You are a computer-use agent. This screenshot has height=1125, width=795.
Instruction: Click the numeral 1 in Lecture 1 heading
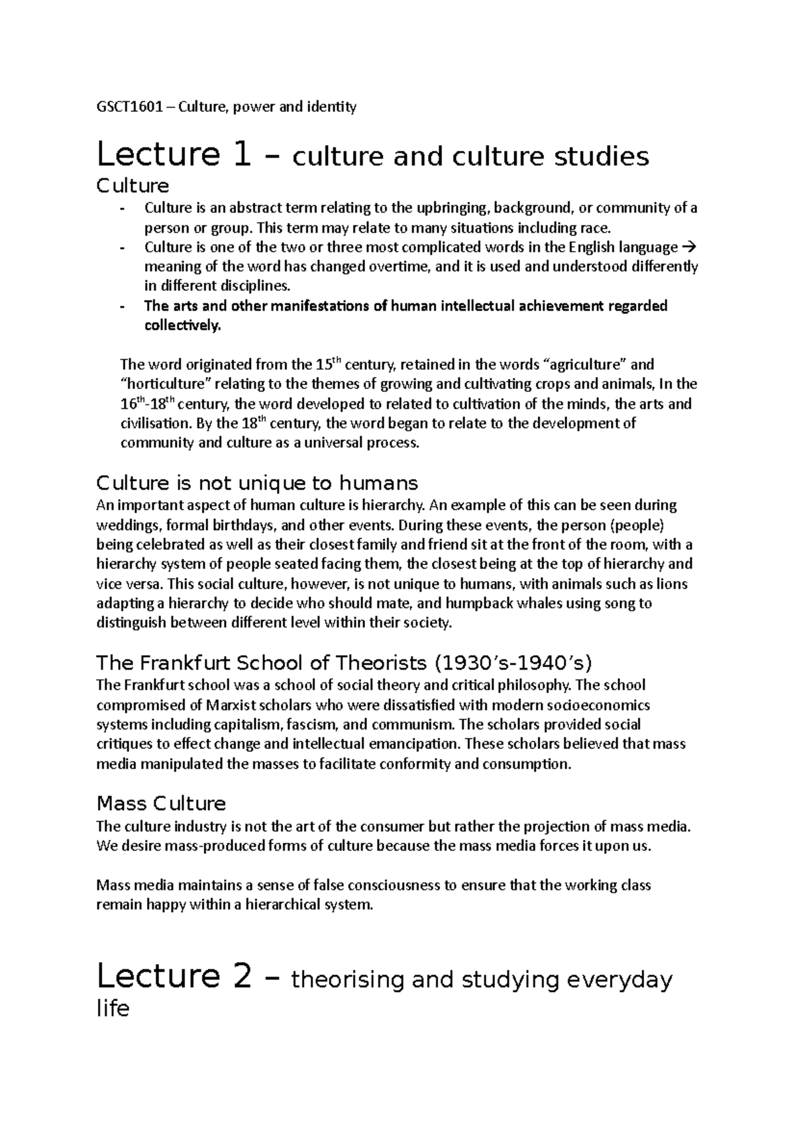coord(242,155)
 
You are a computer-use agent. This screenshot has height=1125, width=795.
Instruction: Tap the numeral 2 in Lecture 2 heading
coord(242,977)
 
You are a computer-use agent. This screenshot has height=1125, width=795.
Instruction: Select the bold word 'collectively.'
coord(180,326)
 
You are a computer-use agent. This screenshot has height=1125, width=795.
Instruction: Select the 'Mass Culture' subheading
coord(161,804)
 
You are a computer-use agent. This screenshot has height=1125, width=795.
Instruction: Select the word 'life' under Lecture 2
coord(113,1009)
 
